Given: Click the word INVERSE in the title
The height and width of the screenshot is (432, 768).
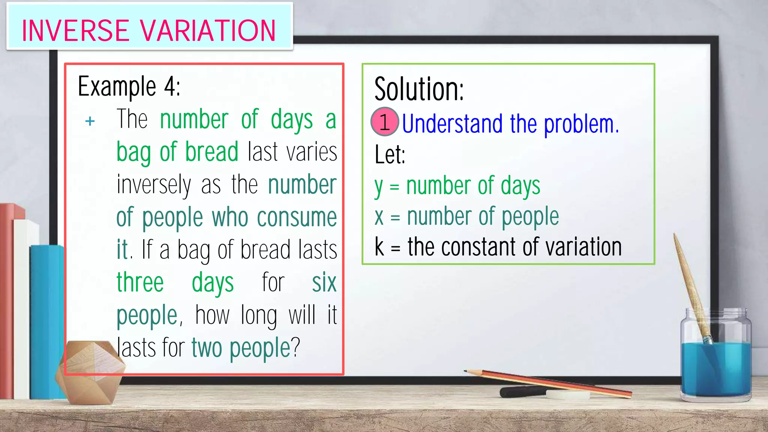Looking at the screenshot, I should [x=75, y=31].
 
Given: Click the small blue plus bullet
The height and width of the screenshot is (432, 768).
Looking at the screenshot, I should [x=90, y=121].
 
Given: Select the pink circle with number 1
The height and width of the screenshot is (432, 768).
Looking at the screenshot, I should [x=384, y=122].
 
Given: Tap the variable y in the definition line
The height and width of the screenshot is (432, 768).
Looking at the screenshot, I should [x=379, y=186].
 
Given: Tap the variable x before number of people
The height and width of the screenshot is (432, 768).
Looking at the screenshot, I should [x=379, y=217].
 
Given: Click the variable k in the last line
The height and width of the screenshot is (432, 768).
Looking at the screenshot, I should [x=379, y=247].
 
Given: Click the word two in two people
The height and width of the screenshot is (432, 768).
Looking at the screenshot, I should [x=207, y=348].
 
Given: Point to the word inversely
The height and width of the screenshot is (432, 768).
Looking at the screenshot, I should [x=154, y=184].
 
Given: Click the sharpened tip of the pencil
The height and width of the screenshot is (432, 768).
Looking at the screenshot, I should [x=466, y=371].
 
